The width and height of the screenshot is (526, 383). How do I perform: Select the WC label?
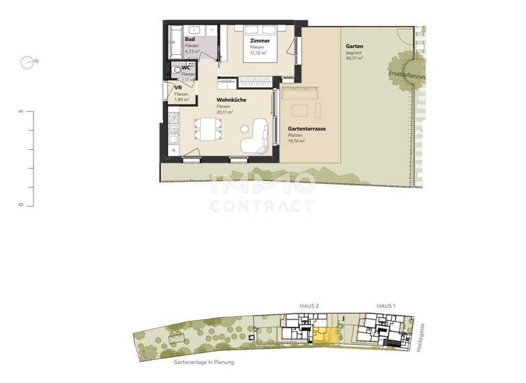coord(186,67)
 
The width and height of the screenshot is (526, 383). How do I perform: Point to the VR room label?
coord(178,88)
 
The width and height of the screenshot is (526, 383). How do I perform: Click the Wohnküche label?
coord(231,100)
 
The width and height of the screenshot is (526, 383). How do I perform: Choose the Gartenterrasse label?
coord(306,128)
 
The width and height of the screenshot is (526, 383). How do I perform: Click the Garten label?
coord(354,47)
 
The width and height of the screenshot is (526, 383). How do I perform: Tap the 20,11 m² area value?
coord(225,113)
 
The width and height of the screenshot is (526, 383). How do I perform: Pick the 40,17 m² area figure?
coord(354,59)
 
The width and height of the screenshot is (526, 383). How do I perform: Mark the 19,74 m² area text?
coord(297,141)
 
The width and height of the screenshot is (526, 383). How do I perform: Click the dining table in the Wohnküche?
coord(208,128)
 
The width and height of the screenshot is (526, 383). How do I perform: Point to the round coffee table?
coord(245,129)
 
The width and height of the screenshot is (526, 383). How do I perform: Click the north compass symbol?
coord(29,62)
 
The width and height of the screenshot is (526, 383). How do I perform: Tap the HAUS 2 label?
coord(310,306)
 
